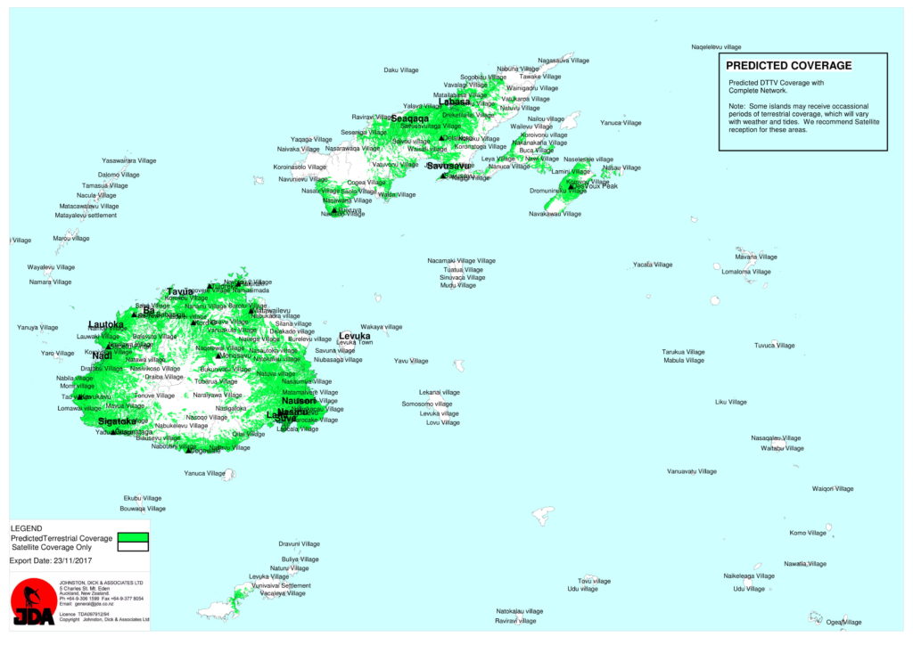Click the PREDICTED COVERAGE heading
788,65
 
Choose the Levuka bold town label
354,336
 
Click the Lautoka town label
106,324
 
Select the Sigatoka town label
117,420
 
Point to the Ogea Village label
843,622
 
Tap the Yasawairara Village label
128,160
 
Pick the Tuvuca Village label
774,345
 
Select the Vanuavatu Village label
691,471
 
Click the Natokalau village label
519,611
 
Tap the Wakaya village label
381,327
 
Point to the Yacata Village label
653,265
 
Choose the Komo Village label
808,533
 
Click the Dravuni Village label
299,543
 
